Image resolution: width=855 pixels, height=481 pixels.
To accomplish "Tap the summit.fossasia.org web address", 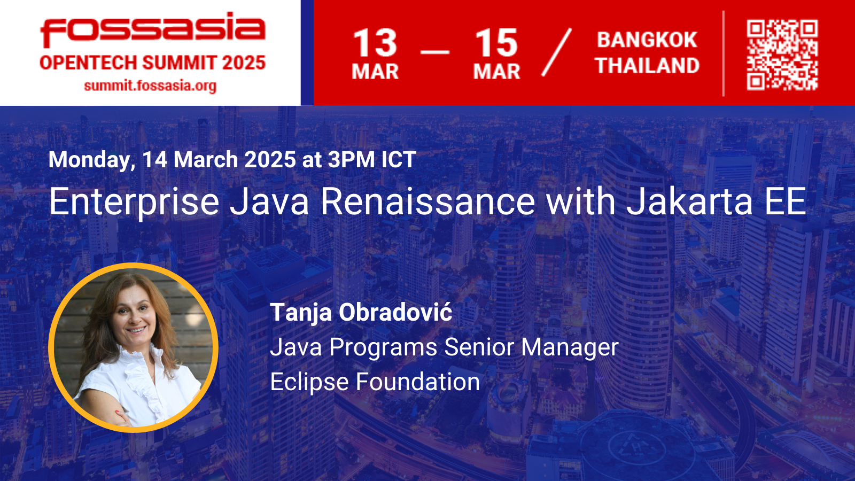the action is pyautogui.click(x=150, y=86).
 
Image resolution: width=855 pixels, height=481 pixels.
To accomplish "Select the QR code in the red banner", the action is pyautogui.click(x=782, y=55).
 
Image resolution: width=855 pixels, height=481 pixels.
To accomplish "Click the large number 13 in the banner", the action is pyautogui.click(x=375, y=42).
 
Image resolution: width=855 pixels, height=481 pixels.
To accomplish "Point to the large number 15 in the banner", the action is pyautogui.click(x=496, y=42).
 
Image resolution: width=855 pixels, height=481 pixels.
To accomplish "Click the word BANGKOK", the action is pyautogui.click(x=647, y=40).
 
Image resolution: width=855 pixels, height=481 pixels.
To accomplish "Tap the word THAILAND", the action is pyautogui.click(x=647, y=65).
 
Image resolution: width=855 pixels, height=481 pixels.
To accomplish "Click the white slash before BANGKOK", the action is pyautogui.click(x=556, y=52).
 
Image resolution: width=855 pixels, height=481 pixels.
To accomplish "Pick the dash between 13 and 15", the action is pyautogui.click(x=435, y=51).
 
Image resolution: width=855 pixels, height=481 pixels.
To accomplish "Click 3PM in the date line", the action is pyautogui.click(x=351, y=159).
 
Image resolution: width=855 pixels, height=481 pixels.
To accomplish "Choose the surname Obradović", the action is pyautogui.click(x=395, y=312).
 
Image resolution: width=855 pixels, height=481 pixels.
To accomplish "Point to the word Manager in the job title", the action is pyautogui.click(x=570, y=347).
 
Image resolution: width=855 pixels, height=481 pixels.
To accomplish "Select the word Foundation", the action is pyautogui.click(x=417, y=382).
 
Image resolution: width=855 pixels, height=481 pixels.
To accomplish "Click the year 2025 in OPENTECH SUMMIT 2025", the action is pyautogui.click(x=244, y=63).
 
